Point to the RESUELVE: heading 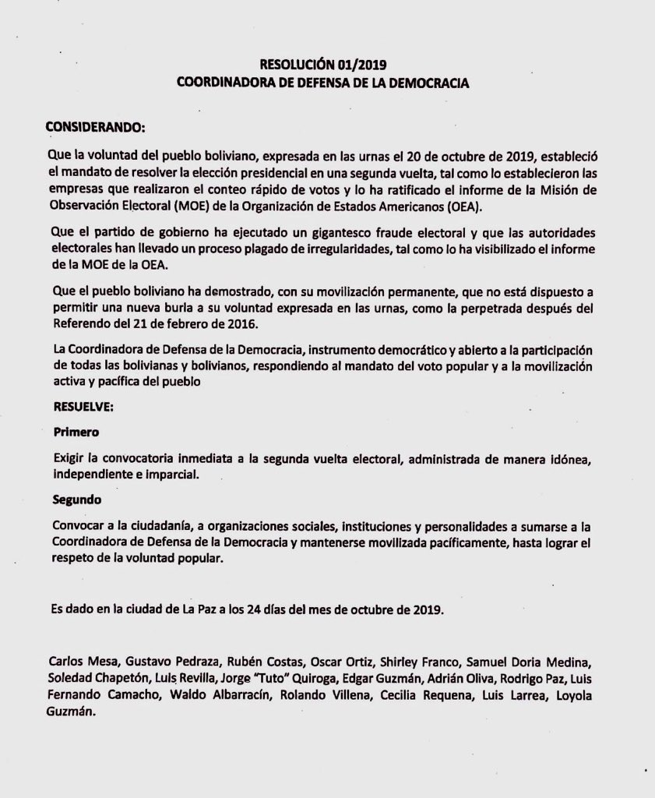[83, 406]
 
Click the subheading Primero [76, 430]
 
